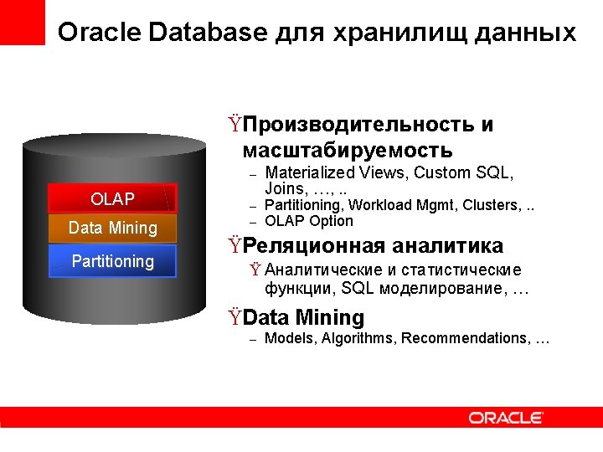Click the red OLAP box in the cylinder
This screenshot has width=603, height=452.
[112, 199]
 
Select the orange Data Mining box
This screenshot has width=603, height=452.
[112, 228]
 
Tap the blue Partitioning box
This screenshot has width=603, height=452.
[112, 261]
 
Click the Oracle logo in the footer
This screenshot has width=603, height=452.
[506, 418]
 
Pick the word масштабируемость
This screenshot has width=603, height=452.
[348, 151]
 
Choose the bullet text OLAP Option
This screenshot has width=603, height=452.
[309, 221]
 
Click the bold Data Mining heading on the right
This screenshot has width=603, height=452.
[304, 318]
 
